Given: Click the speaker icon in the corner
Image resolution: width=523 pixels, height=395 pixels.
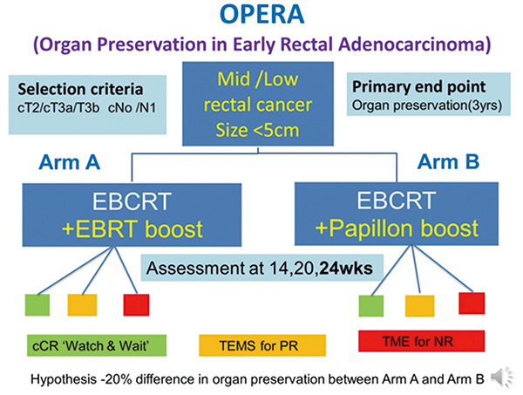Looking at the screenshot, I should pyautogui.click(x=501, y=376).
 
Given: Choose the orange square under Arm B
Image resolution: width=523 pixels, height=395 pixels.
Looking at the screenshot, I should pyautogui.click(x=420, y=307).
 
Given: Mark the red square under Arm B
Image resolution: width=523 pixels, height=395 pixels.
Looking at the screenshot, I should pyautogui.click(x=472, y=303).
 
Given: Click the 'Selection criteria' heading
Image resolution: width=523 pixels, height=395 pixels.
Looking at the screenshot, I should pyautogui.click(x=77, y=90).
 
